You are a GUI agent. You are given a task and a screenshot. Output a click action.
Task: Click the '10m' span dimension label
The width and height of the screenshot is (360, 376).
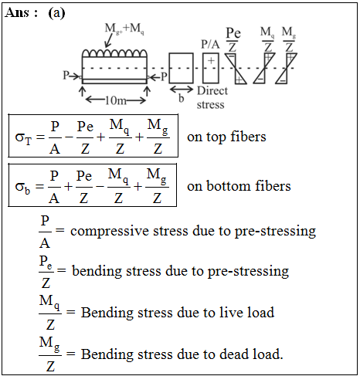coord(116,100)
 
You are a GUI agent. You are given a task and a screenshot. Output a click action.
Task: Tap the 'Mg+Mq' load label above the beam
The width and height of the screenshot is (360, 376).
coord(124,29)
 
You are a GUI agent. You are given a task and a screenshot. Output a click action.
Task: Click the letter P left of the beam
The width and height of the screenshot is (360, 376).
coord(66,76)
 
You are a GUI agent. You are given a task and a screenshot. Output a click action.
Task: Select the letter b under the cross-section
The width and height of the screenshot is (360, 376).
coord(182,98)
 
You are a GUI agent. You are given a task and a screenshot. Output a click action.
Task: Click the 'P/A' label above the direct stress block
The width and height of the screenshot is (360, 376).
coord(210,44)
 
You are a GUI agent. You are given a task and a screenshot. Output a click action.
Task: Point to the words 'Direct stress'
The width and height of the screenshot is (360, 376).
coord(212,97)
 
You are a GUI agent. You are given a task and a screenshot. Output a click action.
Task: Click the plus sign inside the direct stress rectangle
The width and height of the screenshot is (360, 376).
coord(211,61)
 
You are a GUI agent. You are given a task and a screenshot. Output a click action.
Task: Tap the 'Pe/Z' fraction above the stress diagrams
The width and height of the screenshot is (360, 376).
coord(233,39)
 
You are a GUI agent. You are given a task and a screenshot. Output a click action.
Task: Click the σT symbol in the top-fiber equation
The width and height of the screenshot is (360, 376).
coord(23,137)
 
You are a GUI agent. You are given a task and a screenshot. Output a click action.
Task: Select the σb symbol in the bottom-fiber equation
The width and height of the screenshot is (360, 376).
coord(22,187)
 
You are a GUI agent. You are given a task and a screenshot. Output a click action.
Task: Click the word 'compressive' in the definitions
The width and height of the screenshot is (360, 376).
coord(112,232)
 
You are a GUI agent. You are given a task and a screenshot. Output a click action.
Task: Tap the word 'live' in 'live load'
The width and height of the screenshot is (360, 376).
coord(230,312)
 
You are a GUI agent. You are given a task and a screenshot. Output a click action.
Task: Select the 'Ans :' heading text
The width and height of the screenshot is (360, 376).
coord(22,12)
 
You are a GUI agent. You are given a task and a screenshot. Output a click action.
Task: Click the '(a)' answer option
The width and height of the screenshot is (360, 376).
coord(56,12)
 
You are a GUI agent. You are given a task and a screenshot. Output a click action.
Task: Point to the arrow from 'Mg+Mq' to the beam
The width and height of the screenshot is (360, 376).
coord(109,41)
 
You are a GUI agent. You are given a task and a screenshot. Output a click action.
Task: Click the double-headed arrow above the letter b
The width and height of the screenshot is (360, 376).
coord(182,90)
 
